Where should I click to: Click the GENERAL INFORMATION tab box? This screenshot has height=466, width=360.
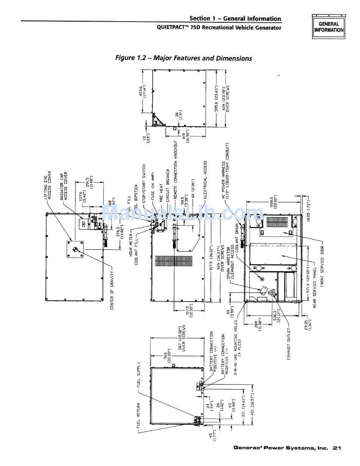tap(328, 27)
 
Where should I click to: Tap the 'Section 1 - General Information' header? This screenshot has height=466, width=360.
tap(235, 19)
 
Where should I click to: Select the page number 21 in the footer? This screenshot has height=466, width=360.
tap(337, 448)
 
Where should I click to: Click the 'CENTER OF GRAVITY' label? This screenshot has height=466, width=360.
tap(113, 289)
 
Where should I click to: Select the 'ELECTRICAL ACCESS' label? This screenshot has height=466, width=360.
tap(206, 180)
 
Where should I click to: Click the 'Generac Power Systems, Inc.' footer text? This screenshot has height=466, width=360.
tap(280, 448)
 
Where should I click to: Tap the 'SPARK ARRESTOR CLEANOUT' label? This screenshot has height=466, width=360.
tap(230, 263)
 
